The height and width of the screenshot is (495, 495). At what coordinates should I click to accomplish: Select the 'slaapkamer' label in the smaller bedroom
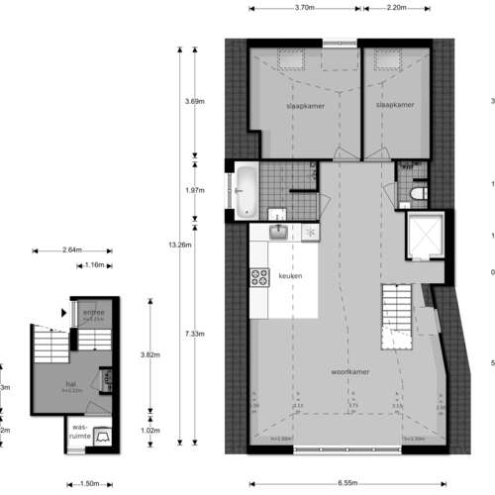pyautogui.click(x=394, y=103)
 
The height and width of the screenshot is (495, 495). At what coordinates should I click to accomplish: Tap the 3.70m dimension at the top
pyautogui.click(x=304, y=8)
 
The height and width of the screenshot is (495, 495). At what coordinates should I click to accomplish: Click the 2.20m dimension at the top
pyautogui.click(x=402, y=8)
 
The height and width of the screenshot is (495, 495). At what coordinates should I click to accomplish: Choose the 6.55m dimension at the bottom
pyautogui.click(x=346, y=483)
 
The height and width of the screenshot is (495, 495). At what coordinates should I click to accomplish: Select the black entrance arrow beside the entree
pyautogui.click(x=63, y=313)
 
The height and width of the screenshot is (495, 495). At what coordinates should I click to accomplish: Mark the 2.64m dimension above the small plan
pyautogui.click(x=71, y=250)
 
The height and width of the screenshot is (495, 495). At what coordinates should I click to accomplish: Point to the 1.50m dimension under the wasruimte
pyautogui.click(x=88, y=484)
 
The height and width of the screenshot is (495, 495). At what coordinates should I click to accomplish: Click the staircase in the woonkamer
pyautogui.click(x=398, y=314)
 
